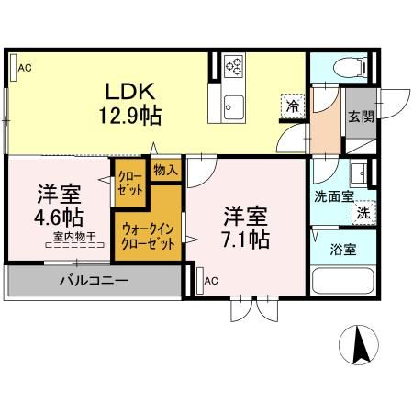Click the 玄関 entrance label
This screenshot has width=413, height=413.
[x=361, y=117]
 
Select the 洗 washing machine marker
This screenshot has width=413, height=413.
[x=363, y=211]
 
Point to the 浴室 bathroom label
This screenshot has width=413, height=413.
[x=343, y=249]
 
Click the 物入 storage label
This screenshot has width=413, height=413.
[x=165, y=170]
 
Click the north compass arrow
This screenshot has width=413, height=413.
[x=361, y=347]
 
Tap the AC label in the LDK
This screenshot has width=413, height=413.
[x=25, y=67]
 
